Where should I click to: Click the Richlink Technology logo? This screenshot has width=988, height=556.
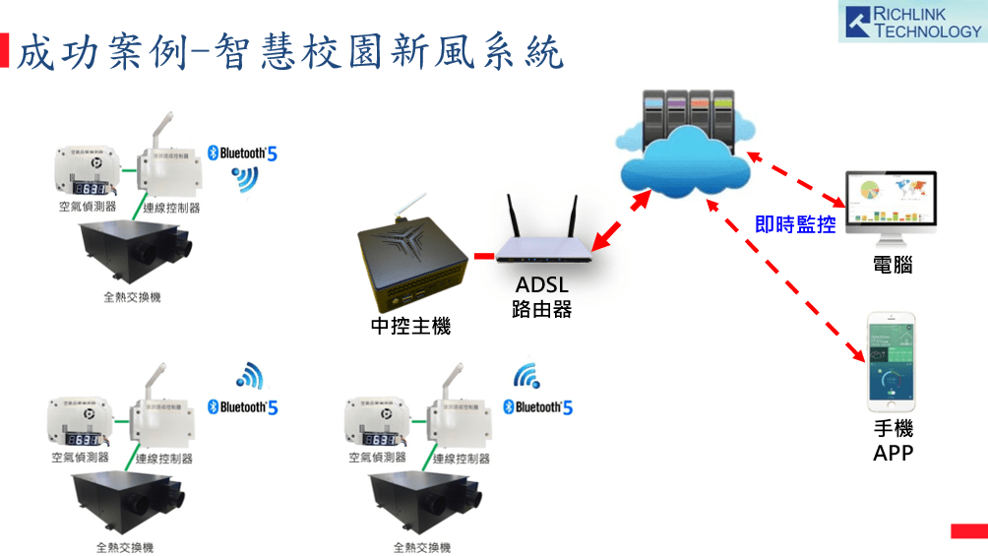[x=912, y=22]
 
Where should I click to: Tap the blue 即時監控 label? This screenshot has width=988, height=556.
[x=795, y=224]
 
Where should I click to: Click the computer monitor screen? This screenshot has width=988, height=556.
[x=893, y=201]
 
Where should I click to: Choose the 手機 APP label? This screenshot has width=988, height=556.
[x=893, y=441]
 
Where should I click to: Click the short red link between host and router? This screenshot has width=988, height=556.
[x=483, y=257]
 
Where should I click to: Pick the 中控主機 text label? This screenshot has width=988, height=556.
[x=410, y=327]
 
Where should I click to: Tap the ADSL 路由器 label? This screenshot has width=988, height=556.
[x=541, y=297]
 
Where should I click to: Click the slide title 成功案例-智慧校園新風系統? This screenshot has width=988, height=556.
[x=291, y=51]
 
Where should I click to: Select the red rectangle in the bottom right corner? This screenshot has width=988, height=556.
[x=968, y=531]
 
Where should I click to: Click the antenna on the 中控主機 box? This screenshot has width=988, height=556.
[x=402, y=208]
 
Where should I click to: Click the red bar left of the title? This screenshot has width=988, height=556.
[x=5, y=51]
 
